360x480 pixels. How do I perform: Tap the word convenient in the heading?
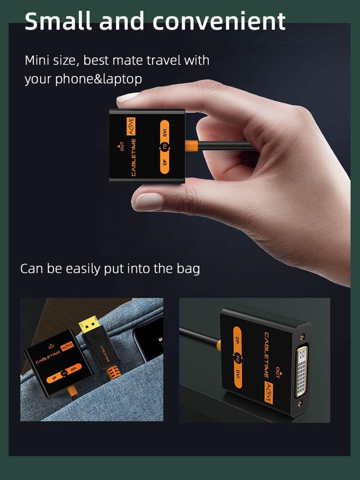pos(219,21)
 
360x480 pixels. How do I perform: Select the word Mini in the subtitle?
pos(37,60)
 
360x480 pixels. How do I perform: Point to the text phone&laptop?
pos(99,79)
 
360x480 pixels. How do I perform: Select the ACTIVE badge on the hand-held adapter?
pos(131,127)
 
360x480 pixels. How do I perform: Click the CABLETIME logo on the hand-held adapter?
pos(133,157)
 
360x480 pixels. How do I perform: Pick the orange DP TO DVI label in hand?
pos(165,147)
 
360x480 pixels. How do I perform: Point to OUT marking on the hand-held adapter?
pos(121,146)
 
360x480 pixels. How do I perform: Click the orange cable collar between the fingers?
pos(192,145)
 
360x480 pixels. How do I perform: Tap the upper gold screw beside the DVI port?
pos(302,336)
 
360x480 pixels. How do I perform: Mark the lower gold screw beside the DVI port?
pos(300,403)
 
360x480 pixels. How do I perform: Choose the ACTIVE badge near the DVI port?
pos(269,393)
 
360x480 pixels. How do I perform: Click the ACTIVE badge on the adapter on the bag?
pos(67,346)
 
